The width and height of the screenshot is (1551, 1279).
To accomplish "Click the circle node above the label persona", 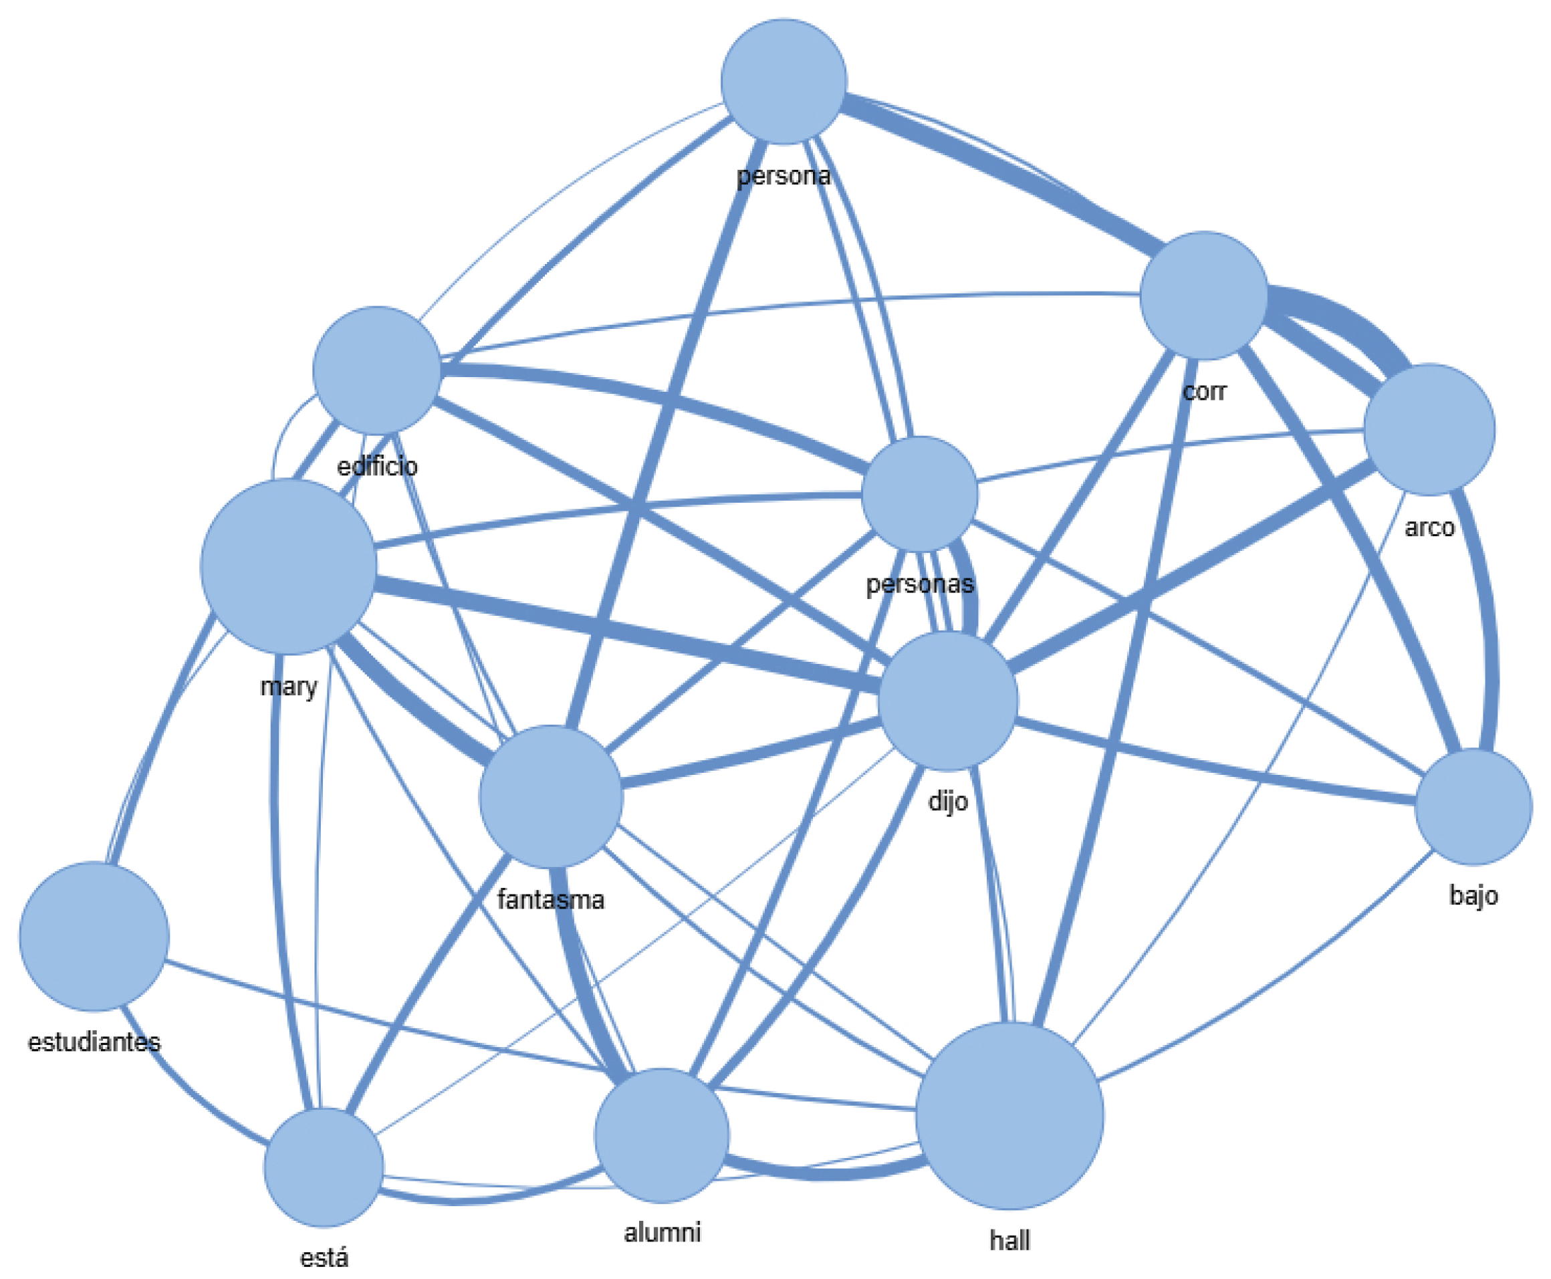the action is (784, 81).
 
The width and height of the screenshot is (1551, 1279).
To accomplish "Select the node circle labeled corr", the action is (1203, 296).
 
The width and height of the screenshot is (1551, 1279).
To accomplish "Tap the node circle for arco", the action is (1429, 429).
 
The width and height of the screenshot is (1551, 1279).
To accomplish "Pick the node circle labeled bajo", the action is (1473, 807).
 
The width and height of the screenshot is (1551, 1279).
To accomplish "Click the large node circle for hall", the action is (1009, 1115).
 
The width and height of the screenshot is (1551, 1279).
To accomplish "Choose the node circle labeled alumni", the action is (661, 1135).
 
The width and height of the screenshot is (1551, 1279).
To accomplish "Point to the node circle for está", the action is (324, 1167).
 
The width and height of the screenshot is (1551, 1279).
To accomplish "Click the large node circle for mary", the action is (288, 566).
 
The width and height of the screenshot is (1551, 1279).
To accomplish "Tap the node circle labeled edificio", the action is (376, 370).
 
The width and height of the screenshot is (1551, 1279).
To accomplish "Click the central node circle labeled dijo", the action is (947, 701).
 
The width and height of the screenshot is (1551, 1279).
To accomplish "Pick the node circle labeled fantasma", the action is (550, 796).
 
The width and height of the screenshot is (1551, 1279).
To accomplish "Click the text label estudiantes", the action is (94, 1042).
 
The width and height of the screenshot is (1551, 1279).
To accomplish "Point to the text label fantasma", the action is (550, 899).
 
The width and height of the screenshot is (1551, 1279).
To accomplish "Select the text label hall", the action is (1009, 1241).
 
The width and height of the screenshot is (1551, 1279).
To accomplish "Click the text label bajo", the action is (1473, 895).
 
